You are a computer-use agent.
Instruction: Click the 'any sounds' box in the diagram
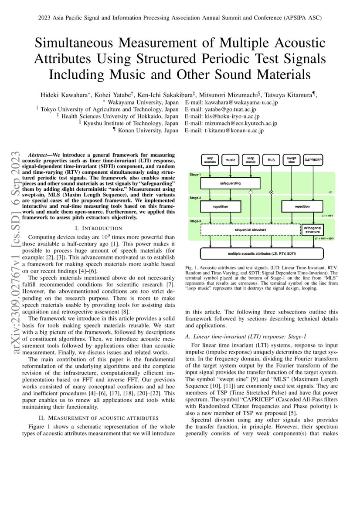tap(210, 160)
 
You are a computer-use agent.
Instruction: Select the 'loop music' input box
tap(251, 160)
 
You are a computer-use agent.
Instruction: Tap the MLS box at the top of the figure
tap(271, 160)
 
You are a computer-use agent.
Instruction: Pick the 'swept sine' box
tap(291, 160)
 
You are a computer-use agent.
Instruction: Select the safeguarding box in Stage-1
tap(230, 183)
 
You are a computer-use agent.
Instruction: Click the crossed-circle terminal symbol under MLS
tap(271, 192)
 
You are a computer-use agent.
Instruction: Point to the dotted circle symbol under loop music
tap(251, 192)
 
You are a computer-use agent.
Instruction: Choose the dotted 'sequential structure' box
tap(250, 229)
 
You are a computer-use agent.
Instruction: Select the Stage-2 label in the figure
tap(195, 198)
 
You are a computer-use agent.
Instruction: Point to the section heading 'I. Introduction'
tap(98, 228)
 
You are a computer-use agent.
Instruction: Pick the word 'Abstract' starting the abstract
tap(37, 155)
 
